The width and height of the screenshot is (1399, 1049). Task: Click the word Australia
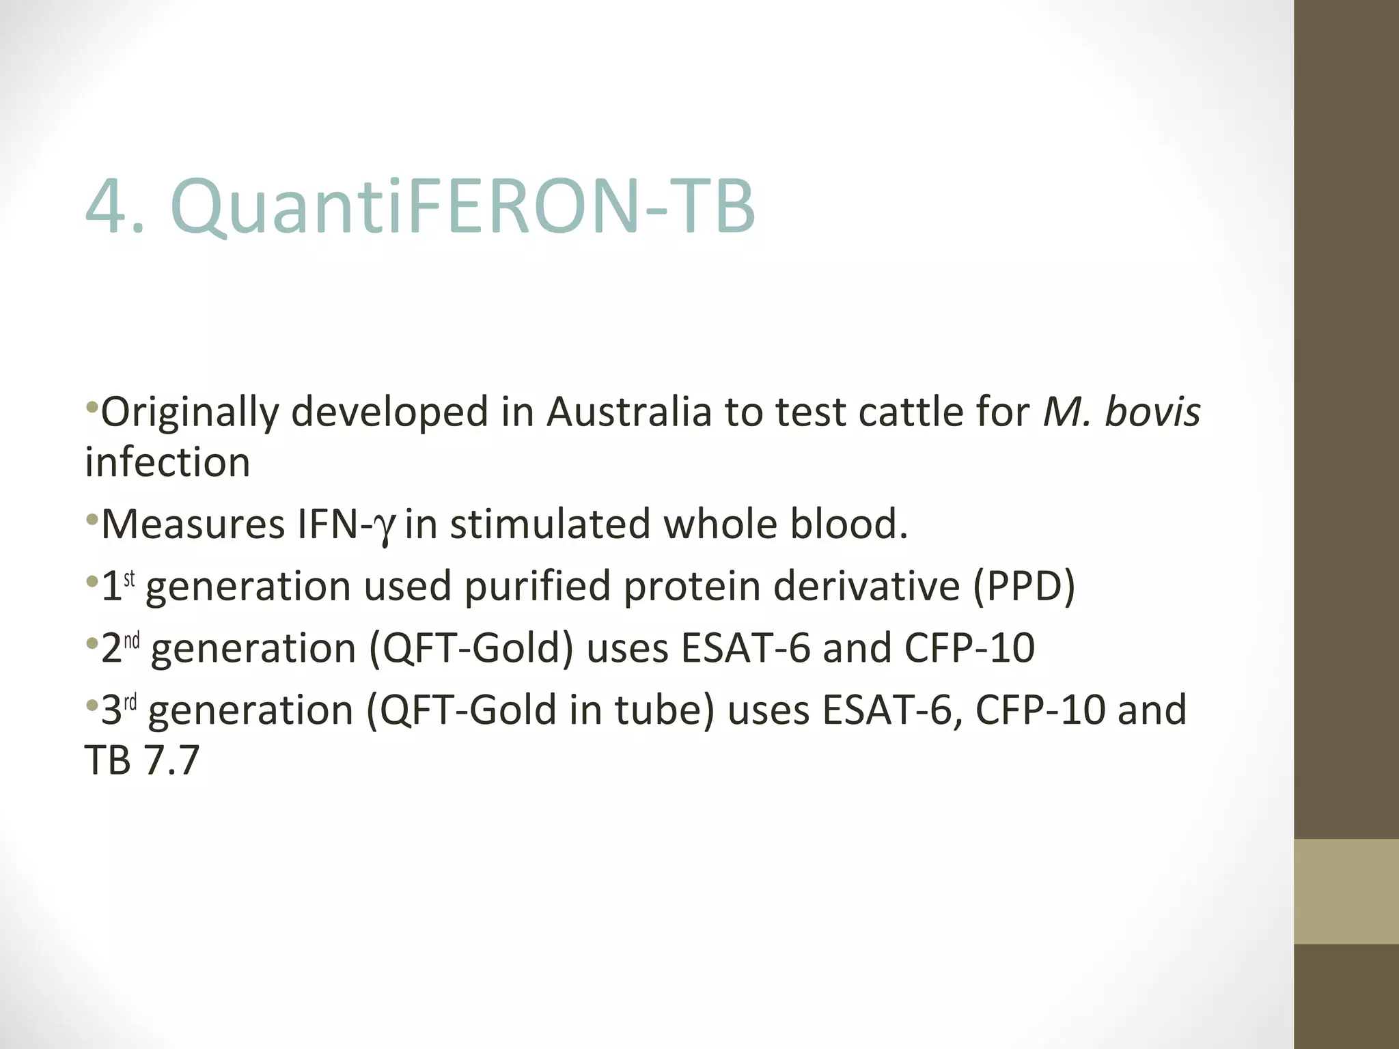pos(628,412)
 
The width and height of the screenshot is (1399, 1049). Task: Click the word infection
pos(167,462)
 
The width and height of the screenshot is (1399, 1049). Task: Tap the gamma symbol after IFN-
pos(386,526)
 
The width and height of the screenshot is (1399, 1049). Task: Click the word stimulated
pos(550,524)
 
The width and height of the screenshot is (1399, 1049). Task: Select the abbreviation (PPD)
pos(1023,587)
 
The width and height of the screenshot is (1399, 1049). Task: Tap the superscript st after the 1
pos(129,579)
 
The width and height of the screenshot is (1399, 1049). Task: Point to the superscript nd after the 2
pos(131,641)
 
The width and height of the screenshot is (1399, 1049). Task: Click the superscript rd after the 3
pos(130,702)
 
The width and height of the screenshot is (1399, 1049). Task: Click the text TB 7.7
pos(142,760)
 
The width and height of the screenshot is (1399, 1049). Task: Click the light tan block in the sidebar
pos(1346,891)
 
